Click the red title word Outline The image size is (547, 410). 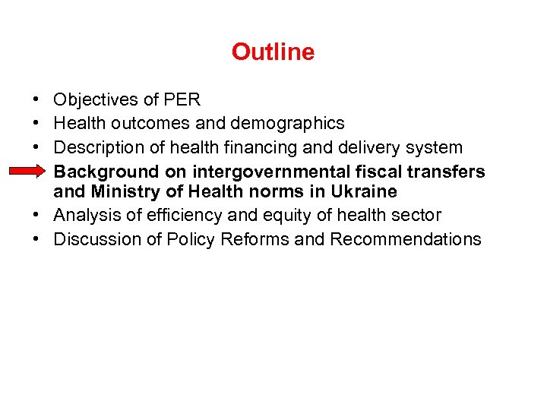(273, 52)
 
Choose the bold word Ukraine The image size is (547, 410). (363, 191)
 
